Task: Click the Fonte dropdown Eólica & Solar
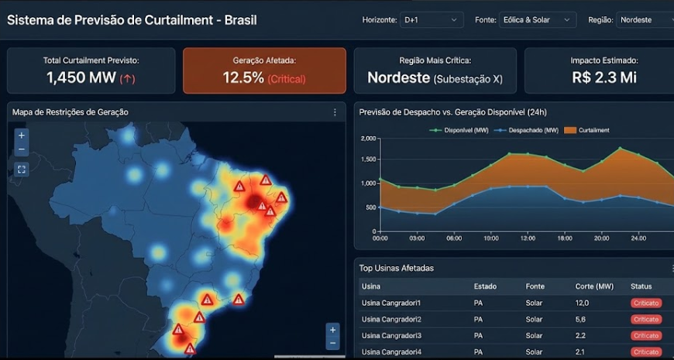pos(547,19)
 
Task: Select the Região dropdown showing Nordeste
pos(645,19)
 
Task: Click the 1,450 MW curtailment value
pos(81,77)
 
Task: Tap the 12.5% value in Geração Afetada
pos(243,77)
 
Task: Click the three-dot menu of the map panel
pos(335,112)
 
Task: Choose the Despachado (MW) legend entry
pos(527,130)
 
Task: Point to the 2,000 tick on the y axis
pos(368,139)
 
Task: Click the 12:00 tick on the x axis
pos(528,238)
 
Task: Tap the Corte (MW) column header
pos(594,286)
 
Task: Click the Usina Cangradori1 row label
pos(390,303)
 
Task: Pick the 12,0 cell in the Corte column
pos(583,303)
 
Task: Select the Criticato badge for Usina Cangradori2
pos(646,319)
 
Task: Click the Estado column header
pos(485,286)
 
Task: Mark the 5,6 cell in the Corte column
pos(582,319)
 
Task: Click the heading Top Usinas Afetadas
pos(396,268)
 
